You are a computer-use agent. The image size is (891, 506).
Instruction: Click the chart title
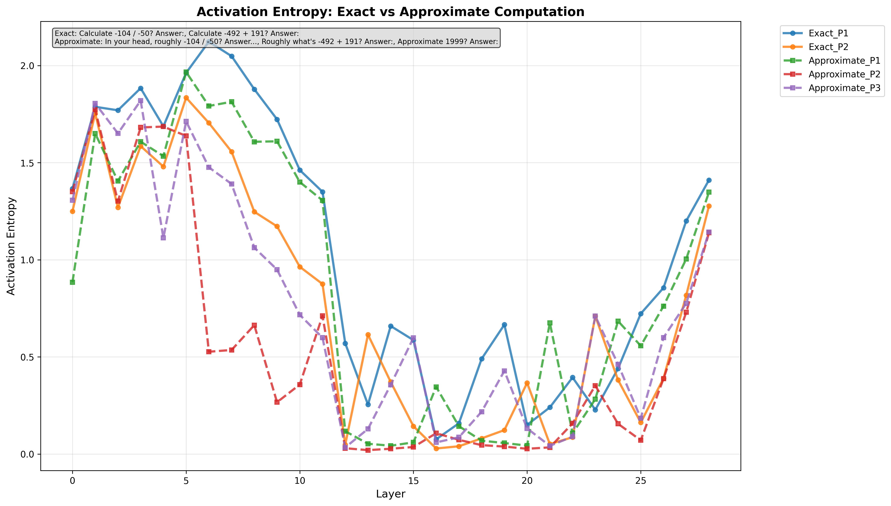[390, 12]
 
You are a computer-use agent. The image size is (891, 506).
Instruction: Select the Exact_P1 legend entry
[828, 33]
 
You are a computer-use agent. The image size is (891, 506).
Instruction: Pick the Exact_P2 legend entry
[828, 47]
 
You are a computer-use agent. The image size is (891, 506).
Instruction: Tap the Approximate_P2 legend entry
[844, 74]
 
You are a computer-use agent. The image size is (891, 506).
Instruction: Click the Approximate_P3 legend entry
[844, 88]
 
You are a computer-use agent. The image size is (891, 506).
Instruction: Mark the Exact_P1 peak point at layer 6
[209, 41]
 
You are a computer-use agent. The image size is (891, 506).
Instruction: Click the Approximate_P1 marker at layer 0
[72, 282]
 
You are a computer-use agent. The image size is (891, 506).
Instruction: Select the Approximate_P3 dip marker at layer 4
[163, 238]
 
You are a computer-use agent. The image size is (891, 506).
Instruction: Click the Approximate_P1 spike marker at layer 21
[550, 323]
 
